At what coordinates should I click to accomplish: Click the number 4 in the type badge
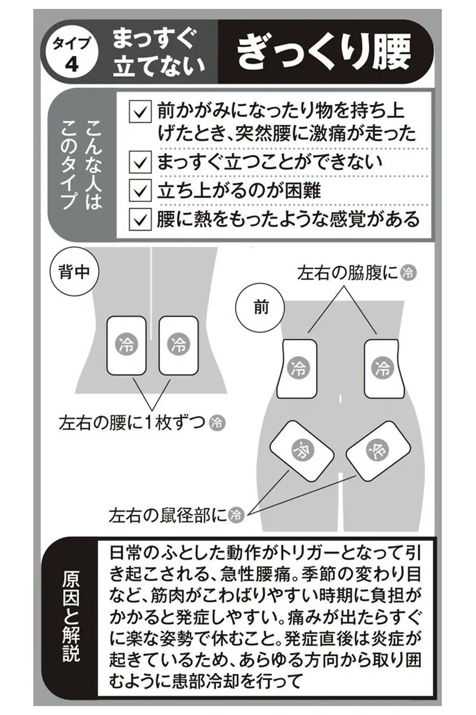coord(71,66)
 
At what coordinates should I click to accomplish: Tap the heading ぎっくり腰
coord(323,52)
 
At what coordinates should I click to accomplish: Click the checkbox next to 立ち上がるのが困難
coord(140,191)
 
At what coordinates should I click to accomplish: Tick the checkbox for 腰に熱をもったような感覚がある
coord(140,219)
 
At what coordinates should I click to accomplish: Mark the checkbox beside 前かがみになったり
coord(140,111)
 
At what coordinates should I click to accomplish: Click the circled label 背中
coord(74,272)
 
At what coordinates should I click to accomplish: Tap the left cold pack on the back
coord(126,346)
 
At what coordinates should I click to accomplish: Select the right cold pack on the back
coord(178,346)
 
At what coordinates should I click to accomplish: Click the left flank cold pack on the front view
coord(297,369)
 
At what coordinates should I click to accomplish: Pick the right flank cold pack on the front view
coord(384,369)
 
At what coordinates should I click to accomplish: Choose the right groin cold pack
coord(378,450)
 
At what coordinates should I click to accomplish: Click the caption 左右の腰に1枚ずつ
coord(131,422)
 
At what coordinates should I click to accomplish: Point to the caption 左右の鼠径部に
coord(168,515)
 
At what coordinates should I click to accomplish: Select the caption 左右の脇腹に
coord(348,273)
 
